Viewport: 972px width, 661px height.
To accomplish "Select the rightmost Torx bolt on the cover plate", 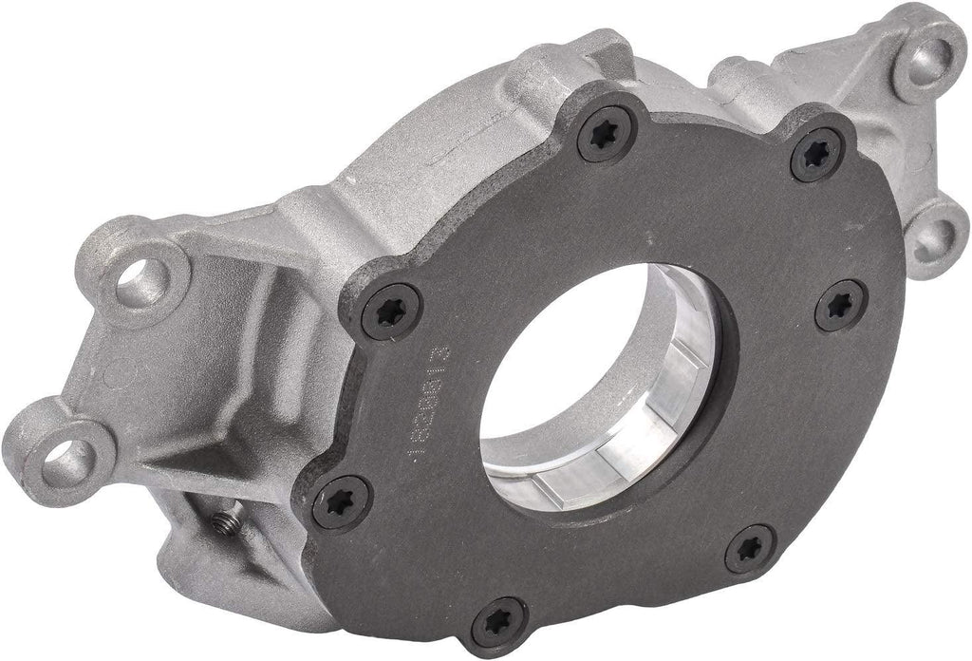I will [841, 306].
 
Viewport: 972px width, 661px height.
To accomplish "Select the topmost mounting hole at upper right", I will [925, 58].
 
